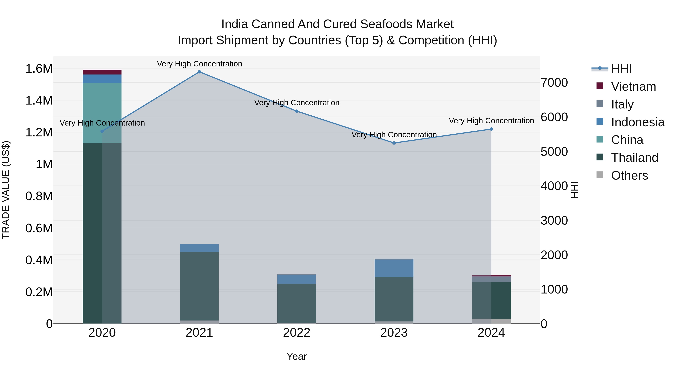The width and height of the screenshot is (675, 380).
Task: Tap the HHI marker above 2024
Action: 491,129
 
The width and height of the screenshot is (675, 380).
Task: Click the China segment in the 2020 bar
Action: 102,113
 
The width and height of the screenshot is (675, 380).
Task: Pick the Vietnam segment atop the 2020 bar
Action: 102,72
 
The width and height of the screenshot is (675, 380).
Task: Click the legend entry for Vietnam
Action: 633,87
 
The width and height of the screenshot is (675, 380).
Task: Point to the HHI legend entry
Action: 621,69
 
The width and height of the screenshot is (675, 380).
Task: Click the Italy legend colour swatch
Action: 600,104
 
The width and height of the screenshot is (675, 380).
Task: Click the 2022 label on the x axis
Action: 297,333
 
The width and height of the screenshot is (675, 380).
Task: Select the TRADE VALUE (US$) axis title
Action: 6,190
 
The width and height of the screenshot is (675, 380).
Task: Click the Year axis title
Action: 297,356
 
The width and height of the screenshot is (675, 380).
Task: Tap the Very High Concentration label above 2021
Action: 199,64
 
